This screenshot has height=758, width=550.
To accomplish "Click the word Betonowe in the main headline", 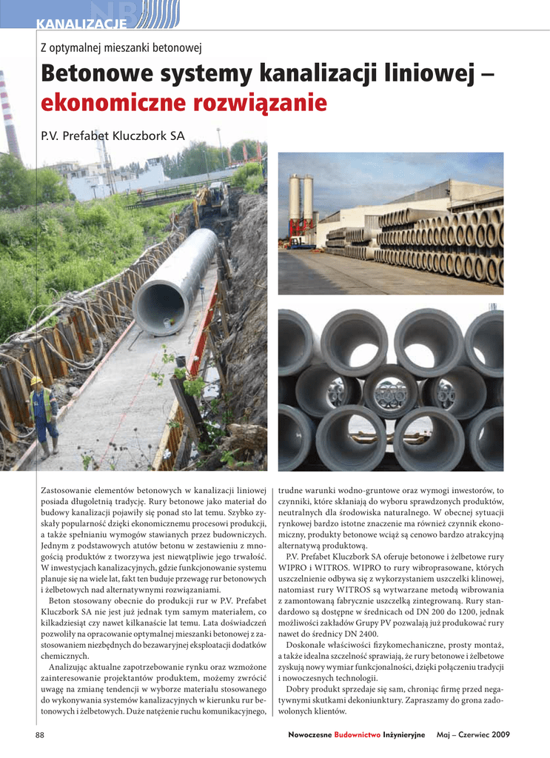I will point(100,74).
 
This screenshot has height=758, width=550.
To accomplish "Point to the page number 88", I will point(41,734).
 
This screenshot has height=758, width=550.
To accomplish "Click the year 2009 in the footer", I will point(500,734).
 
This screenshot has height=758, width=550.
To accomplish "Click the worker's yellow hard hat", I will point(36,380).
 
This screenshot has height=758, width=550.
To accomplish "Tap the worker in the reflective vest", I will point(43,415).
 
